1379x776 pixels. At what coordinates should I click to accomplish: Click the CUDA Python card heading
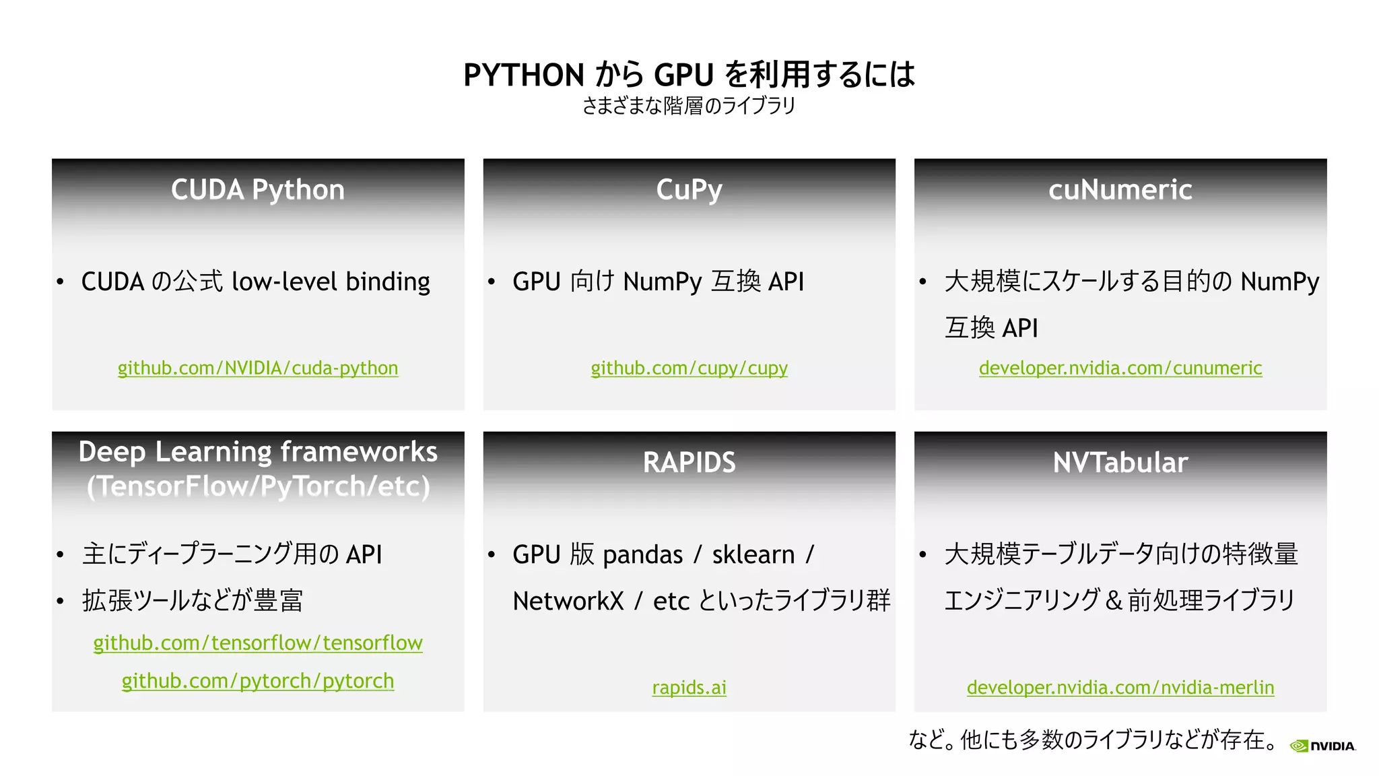[x=258, y=190]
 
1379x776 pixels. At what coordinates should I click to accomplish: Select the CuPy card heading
[x=689, y=190]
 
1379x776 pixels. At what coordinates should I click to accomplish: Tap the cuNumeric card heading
[x=1120, y=190]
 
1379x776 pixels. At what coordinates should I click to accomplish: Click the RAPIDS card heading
[x=689, y=463]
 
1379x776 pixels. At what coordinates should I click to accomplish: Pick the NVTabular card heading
[x=1120, y=463]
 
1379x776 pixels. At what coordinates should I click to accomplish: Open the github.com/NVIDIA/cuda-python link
[x=258, y=368]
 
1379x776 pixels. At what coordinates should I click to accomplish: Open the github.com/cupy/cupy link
[x=689, y=368]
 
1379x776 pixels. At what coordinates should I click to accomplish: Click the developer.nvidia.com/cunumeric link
[x=1120, y=368]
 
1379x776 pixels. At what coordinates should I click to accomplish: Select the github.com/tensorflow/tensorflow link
[x=258, y=643]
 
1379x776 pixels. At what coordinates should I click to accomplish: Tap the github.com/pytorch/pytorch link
[x=258, y=681]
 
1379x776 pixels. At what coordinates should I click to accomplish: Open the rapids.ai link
[x=689, y=687]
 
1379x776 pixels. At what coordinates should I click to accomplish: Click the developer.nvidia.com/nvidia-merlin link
[x=1120, y=687]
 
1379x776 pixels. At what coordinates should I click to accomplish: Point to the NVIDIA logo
[x=1322, y=746]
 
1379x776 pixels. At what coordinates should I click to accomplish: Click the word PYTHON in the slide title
[x=524, y=75]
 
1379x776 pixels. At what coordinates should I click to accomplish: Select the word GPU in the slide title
[x=683, y=75]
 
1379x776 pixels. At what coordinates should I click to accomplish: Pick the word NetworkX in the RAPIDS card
[x=568, y=601]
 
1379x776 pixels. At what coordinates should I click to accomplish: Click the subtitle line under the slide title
[x=689, y=106]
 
